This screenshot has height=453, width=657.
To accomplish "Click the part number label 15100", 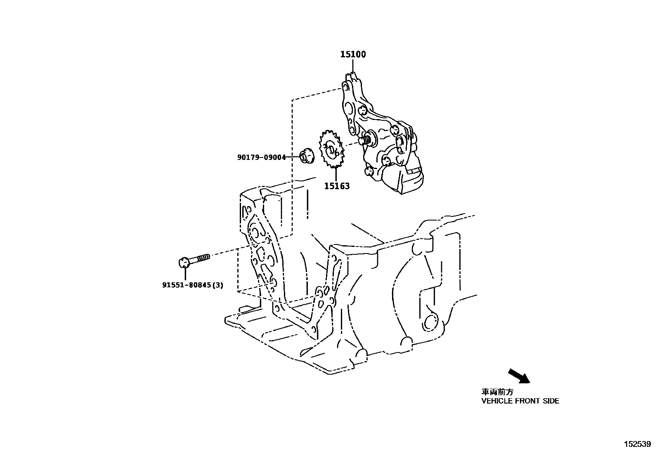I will click(353, 54).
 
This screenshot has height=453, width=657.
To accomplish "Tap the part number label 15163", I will click(336, 186).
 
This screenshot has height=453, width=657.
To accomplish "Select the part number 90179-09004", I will click(261, 157).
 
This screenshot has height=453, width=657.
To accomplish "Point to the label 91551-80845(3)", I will click(192, 285).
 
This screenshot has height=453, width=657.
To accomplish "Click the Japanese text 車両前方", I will click(497, 392).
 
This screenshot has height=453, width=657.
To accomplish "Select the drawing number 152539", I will click(637, 444).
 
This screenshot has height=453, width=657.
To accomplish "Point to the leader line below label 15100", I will click(353, 66).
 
